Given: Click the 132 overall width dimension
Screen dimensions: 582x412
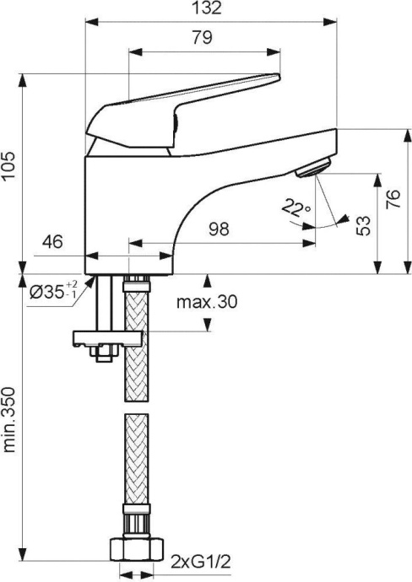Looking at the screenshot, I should (212, 9).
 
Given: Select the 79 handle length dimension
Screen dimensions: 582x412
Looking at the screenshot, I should (202, 37).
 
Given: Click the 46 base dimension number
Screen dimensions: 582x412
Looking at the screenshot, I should (53, 242).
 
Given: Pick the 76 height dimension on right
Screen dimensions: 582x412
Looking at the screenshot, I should (393, 200).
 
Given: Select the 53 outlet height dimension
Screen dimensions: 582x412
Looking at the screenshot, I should (364, 224).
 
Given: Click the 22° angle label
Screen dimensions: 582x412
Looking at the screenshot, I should (297, 208).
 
